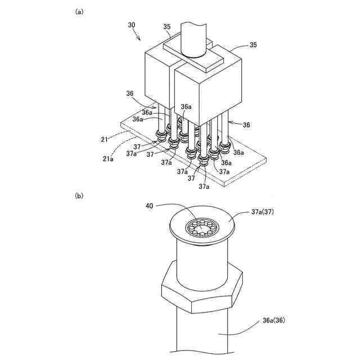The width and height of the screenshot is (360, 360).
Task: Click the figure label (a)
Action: pos(79,11)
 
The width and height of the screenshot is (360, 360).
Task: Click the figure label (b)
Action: pos(79,196)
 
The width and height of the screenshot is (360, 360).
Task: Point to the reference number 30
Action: pos(132,25)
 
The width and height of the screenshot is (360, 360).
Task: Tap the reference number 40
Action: pos(149,206)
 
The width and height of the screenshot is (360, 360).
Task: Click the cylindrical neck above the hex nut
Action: pos(202,259)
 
